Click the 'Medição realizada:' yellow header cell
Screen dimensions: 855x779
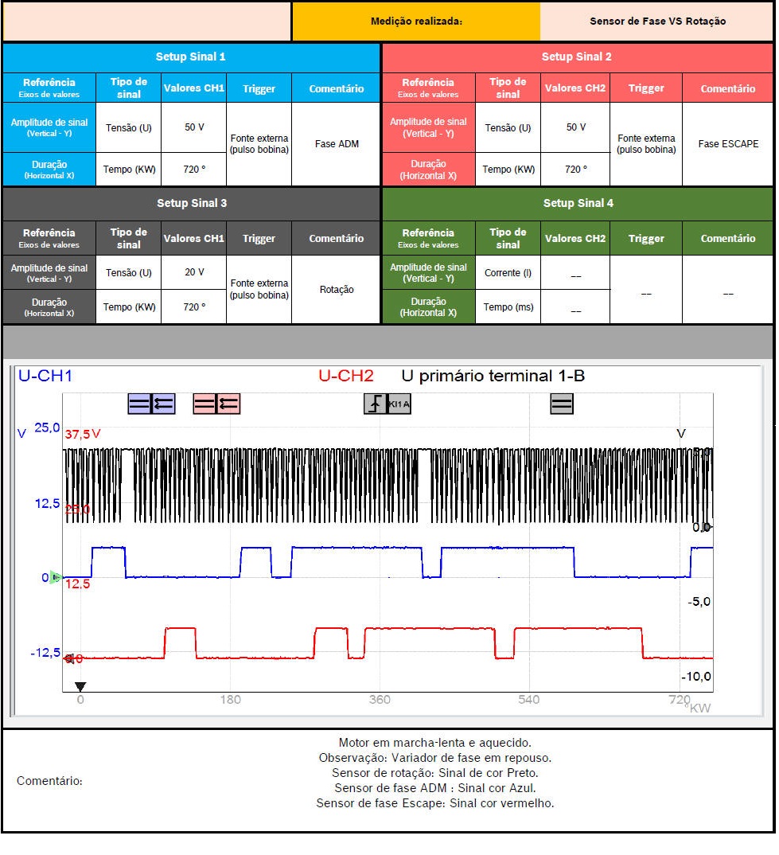pos(416,21)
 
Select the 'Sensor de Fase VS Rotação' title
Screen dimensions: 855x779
pos(657,21)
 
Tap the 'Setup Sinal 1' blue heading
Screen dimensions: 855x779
pos(191,57)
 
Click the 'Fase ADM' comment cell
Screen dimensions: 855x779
pos(337,144)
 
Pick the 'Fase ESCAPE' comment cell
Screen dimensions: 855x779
pos(728,144)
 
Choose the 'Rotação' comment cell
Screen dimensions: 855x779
pos(337,290)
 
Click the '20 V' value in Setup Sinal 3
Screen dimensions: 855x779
pos(194,272)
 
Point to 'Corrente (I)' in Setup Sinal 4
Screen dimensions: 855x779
pos(508,272)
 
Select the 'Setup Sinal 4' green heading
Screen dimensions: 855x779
pos(578,204)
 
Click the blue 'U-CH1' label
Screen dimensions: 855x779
pos(45,376)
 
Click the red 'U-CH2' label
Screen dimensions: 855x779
pos(345,376)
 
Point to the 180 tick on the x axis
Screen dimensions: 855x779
pos(230,700)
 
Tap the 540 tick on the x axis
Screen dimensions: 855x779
pos(528,700)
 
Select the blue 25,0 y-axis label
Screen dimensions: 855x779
pos(47,428)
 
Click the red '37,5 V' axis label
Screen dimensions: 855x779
pos(83,435)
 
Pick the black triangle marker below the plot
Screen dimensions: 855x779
pos(80,686)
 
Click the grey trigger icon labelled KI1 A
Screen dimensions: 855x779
pos(388,404)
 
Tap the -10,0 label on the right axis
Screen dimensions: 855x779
pos(695,677)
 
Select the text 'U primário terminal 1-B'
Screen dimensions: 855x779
pos(493,376)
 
